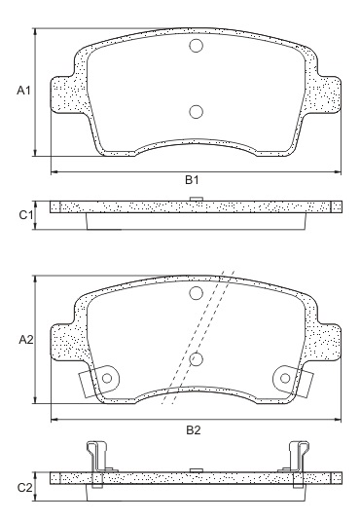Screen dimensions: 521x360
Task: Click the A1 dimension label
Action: click(x=25, y=91)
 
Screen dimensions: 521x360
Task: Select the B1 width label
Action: click(x=193, y=181)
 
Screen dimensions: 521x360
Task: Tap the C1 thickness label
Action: click(x=26, y=213)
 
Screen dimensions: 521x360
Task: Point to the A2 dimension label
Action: click(x=26, y=340)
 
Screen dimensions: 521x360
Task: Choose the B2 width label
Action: click(x=193, y=429)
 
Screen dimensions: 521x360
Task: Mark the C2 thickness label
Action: click(x=26, y=486)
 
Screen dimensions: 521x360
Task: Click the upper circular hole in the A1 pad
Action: click(x=196, y=47)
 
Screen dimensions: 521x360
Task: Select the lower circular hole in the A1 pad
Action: click(x=196, y=111)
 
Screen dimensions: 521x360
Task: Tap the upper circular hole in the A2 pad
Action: click(x=196, y=294)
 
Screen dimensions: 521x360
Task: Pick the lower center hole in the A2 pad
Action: click(x=196, y=359)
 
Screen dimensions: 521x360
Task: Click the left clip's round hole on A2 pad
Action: click(x=106, y=377)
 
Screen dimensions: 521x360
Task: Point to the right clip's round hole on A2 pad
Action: click(x=284, y=377)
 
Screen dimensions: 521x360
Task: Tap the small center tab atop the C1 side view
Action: click(x=196, y=200)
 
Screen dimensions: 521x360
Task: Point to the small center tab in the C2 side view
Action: click(x=196, y=469)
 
